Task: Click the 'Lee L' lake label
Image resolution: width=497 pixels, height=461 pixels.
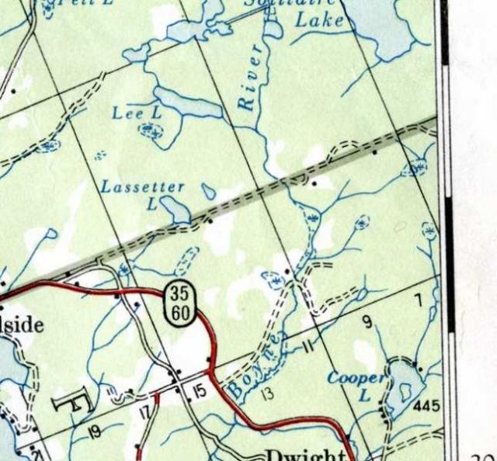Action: tap(137, 113)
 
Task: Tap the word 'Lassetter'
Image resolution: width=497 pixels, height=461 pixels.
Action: tap(143, 187)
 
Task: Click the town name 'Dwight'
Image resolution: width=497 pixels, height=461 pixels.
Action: tap(304, 455)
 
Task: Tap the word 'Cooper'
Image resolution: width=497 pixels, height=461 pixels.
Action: tap(356, 378)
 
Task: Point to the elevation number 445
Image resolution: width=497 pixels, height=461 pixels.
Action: tap(426, 406)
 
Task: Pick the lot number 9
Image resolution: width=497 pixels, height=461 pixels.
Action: tap(367, 321)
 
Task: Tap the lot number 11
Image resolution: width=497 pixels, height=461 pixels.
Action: tap(309, 345)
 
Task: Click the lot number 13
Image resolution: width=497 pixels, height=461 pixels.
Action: tap(268, 393)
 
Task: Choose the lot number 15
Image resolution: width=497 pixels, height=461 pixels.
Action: tap(200, 392)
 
